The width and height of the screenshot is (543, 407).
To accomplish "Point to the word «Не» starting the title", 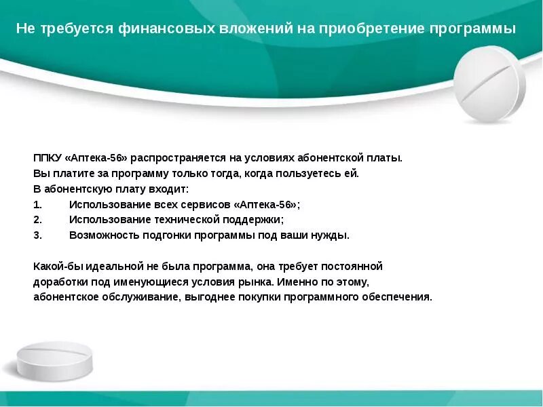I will [24, 30].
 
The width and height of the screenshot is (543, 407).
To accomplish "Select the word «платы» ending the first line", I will [386, 157].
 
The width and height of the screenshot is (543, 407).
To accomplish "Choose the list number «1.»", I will [37, 204].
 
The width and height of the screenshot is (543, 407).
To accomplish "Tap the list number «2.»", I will [37, 220].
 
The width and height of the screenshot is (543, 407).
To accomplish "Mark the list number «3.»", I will [37, 235].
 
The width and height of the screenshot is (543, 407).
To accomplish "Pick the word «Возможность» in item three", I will [104, 235].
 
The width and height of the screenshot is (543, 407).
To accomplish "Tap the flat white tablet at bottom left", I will [54, 361].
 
